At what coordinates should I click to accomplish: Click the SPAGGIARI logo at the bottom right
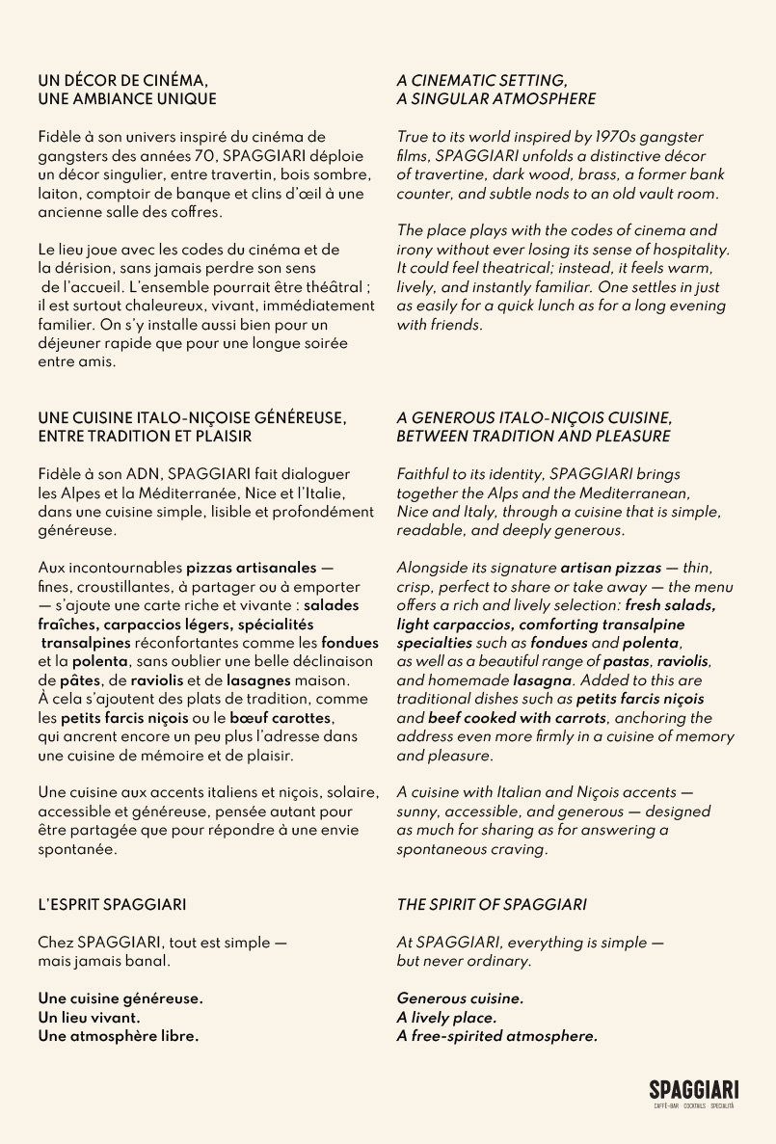click(x=693, y=1091)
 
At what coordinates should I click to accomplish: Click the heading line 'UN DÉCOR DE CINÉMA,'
click(x=122, y=80)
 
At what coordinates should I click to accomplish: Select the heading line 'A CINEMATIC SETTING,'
click(x=482, y=80)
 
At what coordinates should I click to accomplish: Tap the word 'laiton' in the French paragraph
click(x=58, y=193)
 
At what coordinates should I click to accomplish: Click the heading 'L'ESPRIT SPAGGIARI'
click(x=112, y=905)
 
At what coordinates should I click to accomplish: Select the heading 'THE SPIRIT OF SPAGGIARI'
click(x=492, y=905)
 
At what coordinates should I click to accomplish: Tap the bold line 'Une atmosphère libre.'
click(x=119, y=1036)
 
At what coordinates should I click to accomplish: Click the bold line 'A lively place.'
click(x=447, y=1018)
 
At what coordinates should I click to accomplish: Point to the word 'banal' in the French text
click(x=149, y=961)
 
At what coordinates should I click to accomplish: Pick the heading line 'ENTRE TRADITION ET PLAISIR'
click(x=145, y=437)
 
